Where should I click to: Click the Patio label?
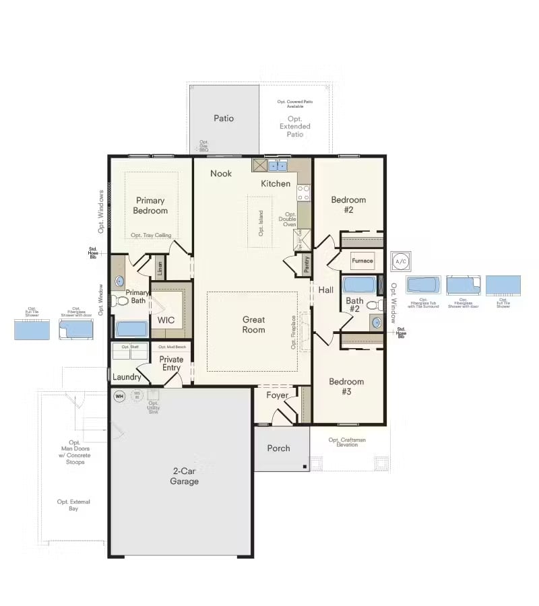[x=224, y=119]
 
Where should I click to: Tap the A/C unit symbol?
[x=401, y=261]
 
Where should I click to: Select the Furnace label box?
[x=362, y=261]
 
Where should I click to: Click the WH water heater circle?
[x=120, y=396]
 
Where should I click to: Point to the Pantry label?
[x=307, y=265]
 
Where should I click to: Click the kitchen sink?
[x=278, y=166]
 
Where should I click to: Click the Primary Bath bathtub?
[x=131, y=329]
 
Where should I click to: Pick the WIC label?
[x=166, y=320]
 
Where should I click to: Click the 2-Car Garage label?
[x=184, y=476]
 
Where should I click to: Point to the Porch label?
[x=278, y=448]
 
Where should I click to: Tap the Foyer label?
[x=277, y=395]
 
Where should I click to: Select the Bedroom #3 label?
[x=346, y=386]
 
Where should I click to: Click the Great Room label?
[x=253, y=325]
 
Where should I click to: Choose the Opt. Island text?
[x=261, y=223]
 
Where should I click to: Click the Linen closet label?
[x=160, y=268]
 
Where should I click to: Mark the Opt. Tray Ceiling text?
[x=151, y=235]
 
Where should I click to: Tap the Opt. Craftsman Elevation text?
[x=347, y=442]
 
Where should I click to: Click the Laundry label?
[x=127, y=377]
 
